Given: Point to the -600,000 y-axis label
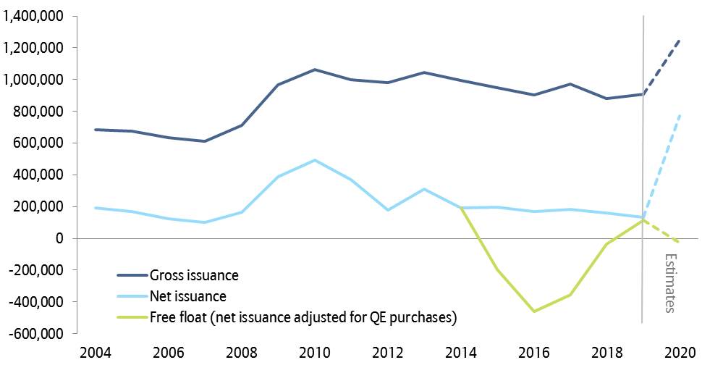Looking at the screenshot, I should coord(35,334).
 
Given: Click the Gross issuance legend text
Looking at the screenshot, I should coord(194,275).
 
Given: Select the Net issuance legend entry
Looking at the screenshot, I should coord(188,296).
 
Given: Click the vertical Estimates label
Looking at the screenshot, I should coord(670,283).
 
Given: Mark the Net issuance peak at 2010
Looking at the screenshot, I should coord(314,160).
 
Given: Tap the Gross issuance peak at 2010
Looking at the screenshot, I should coord(314,70).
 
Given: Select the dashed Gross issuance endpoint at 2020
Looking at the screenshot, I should coord(680,40).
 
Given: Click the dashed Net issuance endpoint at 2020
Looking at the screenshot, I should coord(680,115).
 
